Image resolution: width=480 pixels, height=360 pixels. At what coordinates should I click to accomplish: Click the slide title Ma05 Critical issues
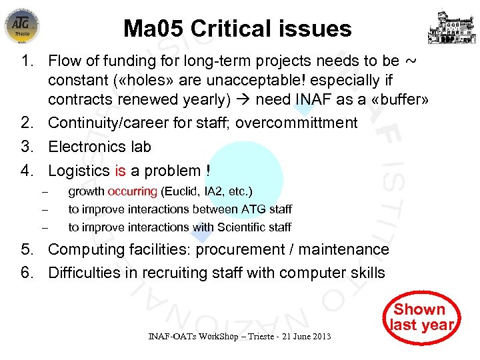point(237,29)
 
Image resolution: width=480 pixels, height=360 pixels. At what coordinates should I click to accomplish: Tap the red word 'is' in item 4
point(120,171)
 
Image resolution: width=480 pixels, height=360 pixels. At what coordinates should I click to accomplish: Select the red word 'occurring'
point(132,192)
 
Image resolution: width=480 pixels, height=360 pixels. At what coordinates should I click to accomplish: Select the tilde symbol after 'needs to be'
point(411,61)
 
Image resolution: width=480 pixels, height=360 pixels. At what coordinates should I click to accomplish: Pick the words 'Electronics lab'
point(99,147)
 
